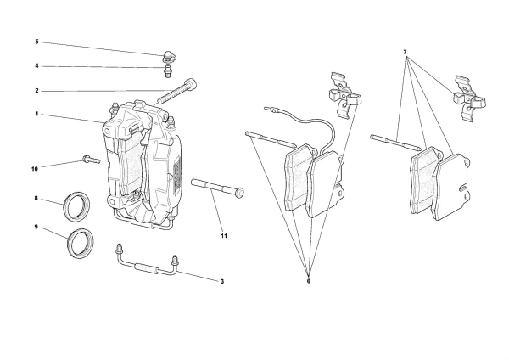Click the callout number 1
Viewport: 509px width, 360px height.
point(36,114)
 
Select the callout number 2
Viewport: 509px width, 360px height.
point(36,91)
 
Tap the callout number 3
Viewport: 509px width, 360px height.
point(221,280)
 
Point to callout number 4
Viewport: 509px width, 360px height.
point(36,66)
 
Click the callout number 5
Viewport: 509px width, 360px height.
point(36,42)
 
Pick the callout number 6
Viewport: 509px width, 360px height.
point(308,281)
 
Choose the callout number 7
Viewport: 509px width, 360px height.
point(406,53)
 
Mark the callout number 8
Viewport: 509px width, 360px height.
point(36,199)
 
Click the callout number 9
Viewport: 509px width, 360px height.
point(36,227)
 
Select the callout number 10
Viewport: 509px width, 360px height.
point(35,168)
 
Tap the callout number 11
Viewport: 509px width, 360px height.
point(224,235)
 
